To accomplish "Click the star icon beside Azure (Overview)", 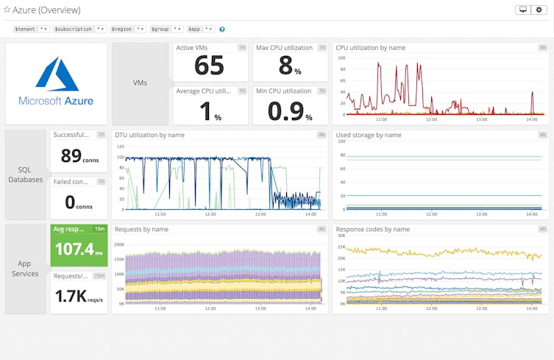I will [7, 10].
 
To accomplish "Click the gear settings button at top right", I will [540, 10].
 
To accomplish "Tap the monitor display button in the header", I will [523, 10].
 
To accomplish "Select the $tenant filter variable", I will [32, 29].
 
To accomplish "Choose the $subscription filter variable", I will [79, 29].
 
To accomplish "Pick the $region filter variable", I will [128, 29].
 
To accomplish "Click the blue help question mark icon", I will [222, 29].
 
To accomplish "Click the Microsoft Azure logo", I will [56, 82].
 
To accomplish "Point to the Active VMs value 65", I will [209, 66].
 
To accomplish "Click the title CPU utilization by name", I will [370, 48].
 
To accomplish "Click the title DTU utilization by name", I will [149, 135].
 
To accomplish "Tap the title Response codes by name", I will [372, 229].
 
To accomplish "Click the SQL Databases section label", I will [26, 174].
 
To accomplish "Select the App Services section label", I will [26, 269].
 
